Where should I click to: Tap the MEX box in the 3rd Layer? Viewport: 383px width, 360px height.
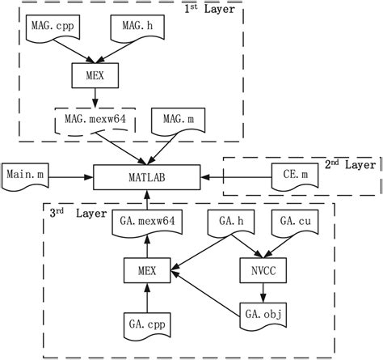147,269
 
